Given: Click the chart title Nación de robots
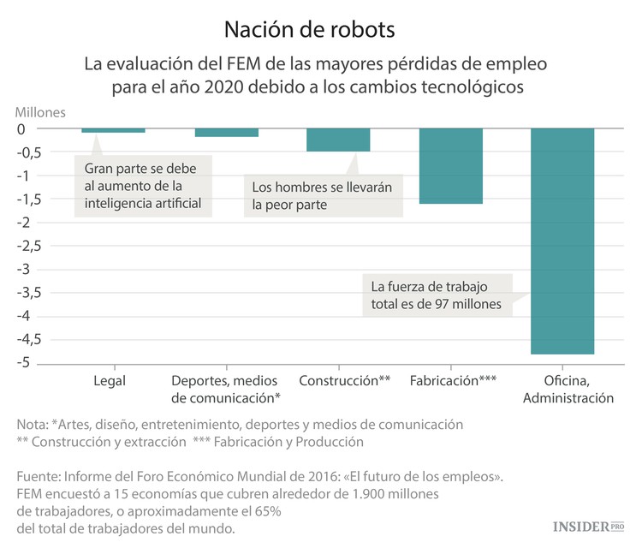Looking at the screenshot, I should [309, 30].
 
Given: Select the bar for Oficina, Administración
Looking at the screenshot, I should [562, 241].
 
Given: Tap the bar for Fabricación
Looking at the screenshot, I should [451, 166].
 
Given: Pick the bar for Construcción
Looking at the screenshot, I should [338, 140].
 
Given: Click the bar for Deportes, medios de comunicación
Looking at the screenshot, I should [226, 133].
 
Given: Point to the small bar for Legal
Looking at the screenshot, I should [113, 130].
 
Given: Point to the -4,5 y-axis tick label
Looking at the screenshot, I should [32, 340].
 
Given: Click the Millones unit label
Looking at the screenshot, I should [39, 111].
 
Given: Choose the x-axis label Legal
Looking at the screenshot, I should [108, 380].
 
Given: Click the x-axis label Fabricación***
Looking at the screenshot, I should [453, 380].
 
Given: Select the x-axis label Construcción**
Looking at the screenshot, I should [345, 380].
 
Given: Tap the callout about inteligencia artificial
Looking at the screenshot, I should [142, 185].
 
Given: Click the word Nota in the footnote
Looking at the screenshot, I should [31, 425].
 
